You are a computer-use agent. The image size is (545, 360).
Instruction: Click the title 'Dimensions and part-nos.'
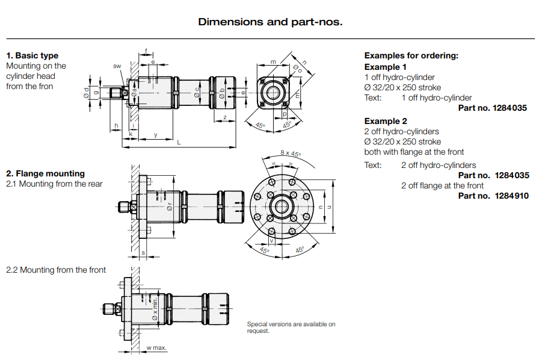(x=270, y=22)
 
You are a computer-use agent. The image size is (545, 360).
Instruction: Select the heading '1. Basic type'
(x=32, y=56)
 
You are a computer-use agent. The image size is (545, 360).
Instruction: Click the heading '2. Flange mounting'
(x=45, y=173)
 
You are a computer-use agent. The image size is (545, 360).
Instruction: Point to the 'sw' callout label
(x=117, y=65)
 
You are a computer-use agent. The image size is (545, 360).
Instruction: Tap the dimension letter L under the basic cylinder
(x=179, y=142)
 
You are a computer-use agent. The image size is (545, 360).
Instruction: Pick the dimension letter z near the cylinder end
(x=224, y=117)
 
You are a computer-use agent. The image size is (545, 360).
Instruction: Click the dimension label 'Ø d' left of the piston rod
(x=87, y=92)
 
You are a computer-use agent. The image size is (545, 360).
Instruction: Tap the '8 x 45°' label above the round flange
(x=291, y=154)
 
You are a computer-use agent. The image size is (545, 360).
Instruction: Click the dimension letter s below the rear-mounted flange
(x=143, y=253)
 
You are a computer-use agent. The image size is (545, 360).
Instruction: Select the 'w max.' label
(x=156, y=348)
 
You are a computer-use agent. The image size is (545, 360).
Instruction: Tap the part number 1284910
(x=511, y=196)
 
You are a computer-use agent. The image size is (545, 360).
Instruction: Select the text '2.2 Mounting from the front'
(x=56, y=270)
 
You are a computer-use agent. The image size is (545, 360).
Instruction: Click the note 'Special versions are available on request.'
(x=291, y=327)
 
